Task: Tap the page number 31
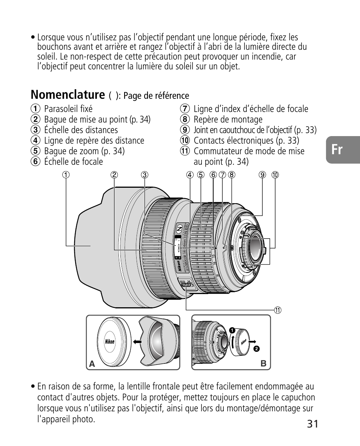pyautogui.click(x=312, y=424)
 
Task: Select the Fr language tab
pyautogui.click(x=337, y=150)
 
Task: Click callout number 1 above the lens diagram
pyautogui.click(x=66, y=175)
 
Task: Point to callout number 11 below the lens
pyautogui.click(x=278, y=310)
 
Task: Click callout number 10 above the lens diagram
pyautogui.click(x=275, y=175)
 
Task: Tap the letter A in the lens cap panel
pyautogui.click(x=92, y=364)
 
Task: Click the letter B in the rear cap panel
pyautogui.click(x=263, y=364)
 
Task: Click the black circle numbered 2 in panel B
pyautogui.click(x=257, y=349)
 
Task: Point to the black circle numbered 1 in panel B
pyautogui.click(x=233, y=331)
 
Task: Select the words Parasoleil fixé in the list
pyautogui.click(x=68, y=109)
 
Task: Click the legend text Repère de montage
pyautogui.click(x=228, y=120)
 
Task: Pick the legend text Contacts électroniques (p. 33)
pyautogui.click(x=246, y=141)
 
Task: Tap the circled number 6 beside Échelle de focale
pyautogui.click(x=35, y=162)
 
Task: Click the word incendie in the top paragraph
pyautogui.click(x=271, y=57)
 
